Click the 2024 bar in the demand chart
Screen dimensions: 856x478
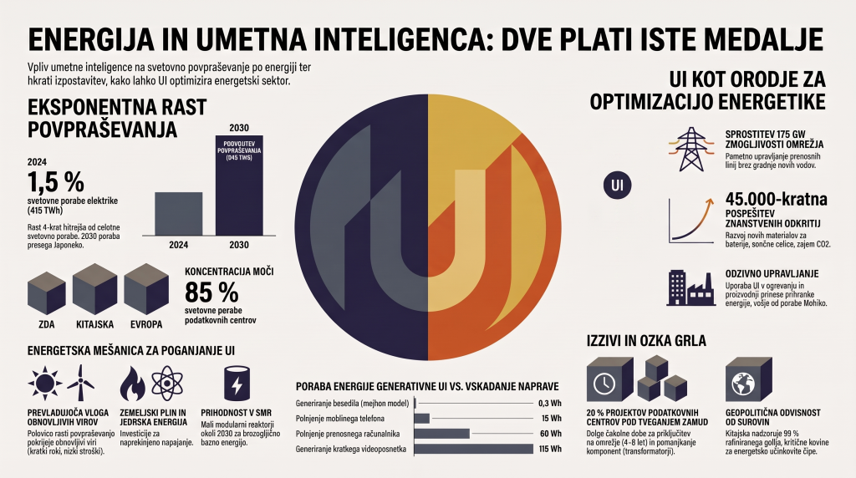(179, 213)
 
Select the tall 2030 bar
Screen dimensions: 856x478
(239, 185)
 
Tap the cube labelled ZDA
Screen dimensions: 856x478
(47, 293)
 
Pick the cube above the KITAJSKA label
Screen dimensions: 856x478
(95, 289)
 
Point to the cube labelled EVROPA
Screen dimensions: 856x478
(146, 289)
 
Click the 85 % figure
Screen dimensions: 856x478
(211, 292)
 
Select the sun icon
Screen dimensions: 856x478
(45, 383)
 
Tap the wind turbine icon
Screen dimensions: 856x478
(81, 383)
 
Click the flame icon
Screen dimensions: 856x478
(133, 383)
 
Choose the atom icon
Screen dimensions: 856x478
(167, 383)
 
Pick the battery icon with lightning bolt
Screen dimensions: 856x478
(237, 384)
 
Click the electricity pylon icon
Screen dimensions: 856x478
(691, 149)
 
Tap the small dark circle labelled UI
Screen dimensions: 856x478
(618, 185)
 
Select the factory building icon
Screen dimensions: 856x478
(690, 287)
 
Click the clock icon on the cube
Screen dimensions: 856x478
(604, 384)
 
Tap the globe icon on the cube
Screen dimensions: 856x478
(742, 384)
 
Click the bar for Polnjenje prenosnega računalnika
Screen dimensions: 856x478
(441, 434)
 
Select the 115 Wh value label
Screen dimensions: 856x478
(550, 449)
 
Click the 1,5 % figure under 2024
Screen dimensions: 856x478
(56, 181)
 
